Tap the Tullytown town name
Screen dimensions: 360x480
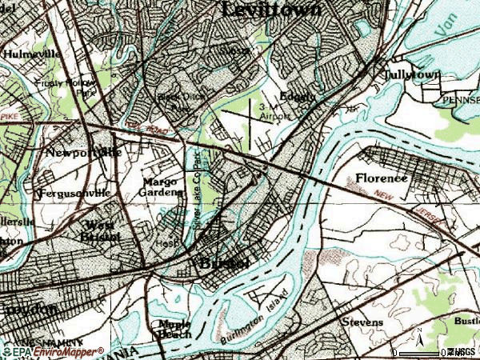tap(412, 74)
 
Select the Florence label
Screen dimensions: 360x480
tap(382, 178)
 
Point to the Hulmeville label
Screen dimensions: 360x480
tap(32, 54)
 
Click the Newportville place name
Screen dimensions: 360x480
tap(83, 152)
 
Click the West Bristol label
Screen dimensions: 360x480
tap(99, 230)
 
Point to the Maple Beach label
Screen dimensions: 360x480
tap(174, 329)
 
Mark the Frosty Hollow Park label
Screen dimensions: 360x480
tap(58, 86)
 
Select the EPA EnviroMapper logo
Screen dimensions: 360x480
tap(53, 351)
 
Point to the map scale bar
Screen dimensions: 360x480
tap(421, 351)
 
